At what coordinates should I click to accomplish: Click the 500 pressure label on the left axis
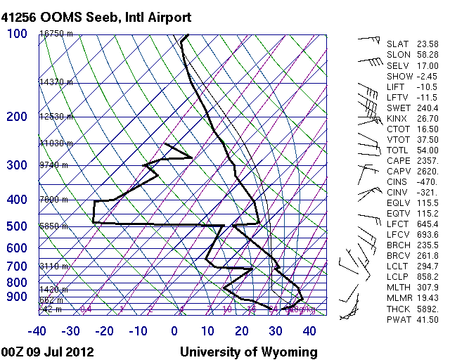click(x=17, y=226)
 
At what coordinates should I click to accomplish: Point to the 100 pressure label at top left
click(x=17, y=34)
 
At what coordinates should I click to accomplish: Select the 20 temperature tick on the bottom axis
click(x=243, y=330)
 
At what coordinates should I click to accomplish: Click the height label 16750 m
click(x=56, y=34)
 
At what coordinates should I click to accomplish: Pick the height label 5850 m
click(x=55, y=226)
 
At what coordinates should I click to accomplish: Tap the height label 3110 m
click(x=55, y=266)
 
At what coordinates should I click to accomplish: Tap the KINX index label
click(x=398, y=119)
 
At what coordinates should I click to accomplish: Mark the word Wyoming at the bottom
click(x=288, y=352)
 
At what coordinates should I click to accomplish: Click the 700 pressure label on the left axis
click(x=17, y=266)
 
